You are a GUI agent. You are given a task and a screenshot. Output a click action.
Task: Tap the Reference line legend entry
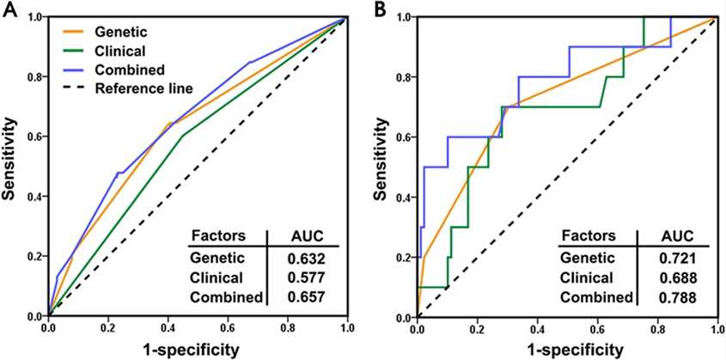pos(143,88)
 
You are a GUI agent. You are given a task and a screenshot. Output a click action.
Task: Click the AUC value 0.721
pos(676,258)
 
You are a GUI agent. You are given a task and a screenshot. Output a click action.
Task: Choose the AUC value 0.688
pos(676,278)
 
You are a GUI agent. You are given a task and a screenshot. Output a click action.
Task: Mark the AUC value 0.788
pos(676,297)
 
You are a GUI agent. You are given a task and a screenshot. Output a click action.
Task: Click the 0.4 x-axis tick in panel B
pos(537,329)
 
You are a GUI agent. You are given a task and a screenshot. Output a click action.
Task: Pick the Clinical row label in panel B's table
pos(587,278)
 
